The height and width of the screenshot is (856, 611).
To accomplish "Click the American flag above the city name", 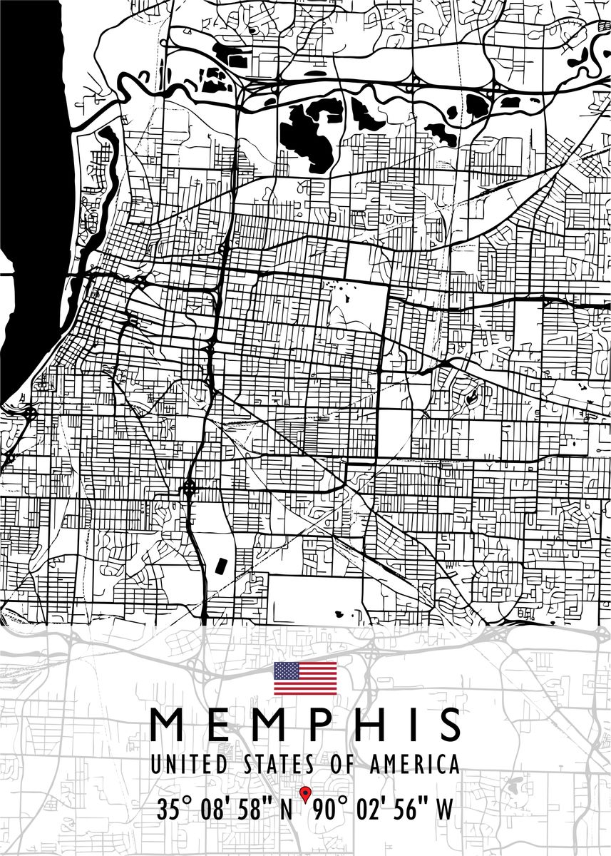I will tap(305, 678).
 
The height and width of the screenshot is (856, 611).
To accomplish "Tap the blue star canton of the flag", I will tap(287, 671).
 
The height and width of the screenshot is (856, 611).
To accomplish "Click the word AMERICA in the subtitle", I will tap(415, 765).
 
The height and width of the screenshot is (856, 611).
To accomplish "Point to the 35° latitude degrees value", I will tap(175, 811).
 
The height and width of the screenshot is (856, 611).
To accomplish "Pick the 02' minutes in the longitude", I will tap(370, 811).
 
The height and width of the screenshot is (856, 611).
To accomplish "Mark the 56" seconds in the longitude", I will tap(409, 811).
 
